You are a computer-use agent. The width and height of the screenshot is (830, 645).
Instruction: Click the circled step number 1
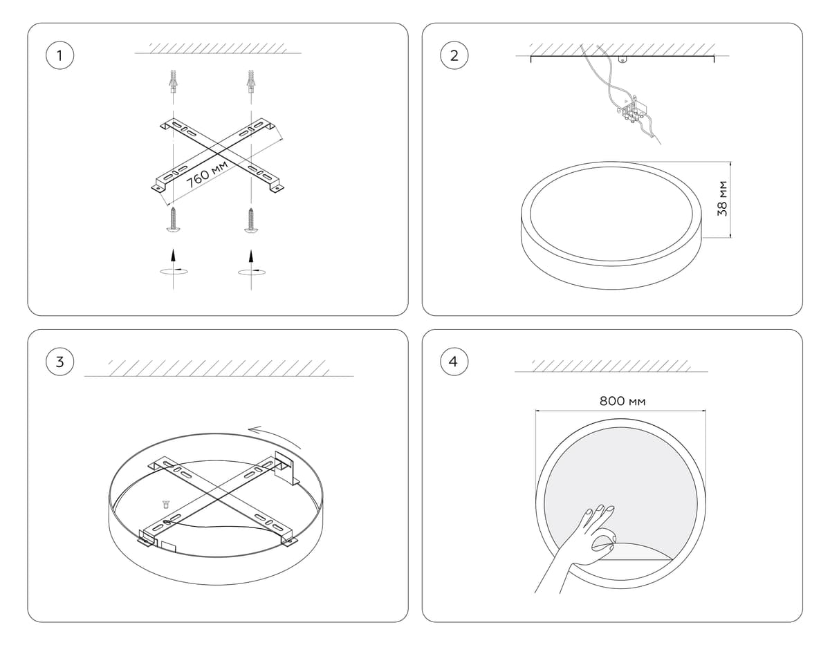tap(59, 56)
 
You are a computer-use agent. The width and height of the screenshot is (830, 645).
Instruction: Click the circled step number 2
tap(454, 56)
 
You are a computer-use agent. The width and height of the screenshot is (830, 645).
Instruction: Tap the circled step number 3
tap(59, 362)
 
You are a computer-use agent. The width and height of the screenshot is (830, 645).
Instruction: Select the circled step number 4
tap(454, 362)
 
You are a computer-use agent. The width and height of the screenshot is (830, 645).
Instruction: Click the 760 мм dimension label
tap(207, 174)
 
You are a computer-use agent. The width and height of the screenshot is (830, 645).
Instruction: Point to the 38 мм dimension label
tap(722, 198)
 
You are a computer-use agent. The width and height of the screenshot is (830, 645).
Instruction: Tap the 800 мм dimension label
tap(622, 401)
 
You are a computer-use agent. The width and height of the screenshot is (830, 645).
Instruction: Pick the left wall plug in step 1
tap(174, 83)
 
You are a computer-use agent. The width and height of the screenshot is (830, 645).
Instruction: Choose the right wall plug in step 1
tap(251, 83)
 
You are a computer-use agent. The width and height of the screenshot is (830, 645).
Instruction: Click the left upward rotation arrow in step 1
tap(174, 263)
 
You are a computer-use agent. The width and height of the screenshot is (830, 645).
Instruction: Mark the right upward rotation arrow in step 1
tap(251, 263)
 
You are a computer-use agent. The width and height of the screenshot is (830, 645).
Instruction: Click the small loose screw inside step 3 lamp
tap(166, 504)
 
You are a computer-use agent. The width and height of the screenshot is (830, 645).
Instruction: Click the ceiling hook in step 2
tap(623, 59)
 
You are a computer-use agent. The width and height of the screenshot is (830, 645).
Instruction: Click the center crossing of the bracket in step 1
tap(217, 153)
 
